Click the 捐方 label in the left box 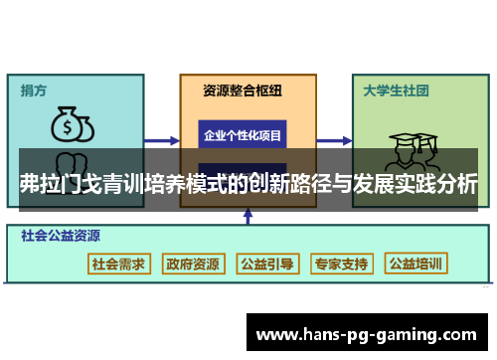[34, 90]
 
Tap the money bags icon [72, 125]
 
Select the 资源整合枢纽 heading [243, 90]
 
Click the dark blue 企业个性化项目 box [243, 134]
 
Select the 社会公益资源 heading [60, 237]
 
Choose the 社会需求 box [118, 265]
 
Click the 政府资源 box [193, 265]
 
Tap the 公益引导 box [267, 265]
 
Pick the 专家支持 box [341, 265]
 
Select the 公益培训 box [416, 265]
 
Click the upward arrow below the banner [244, 217]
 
